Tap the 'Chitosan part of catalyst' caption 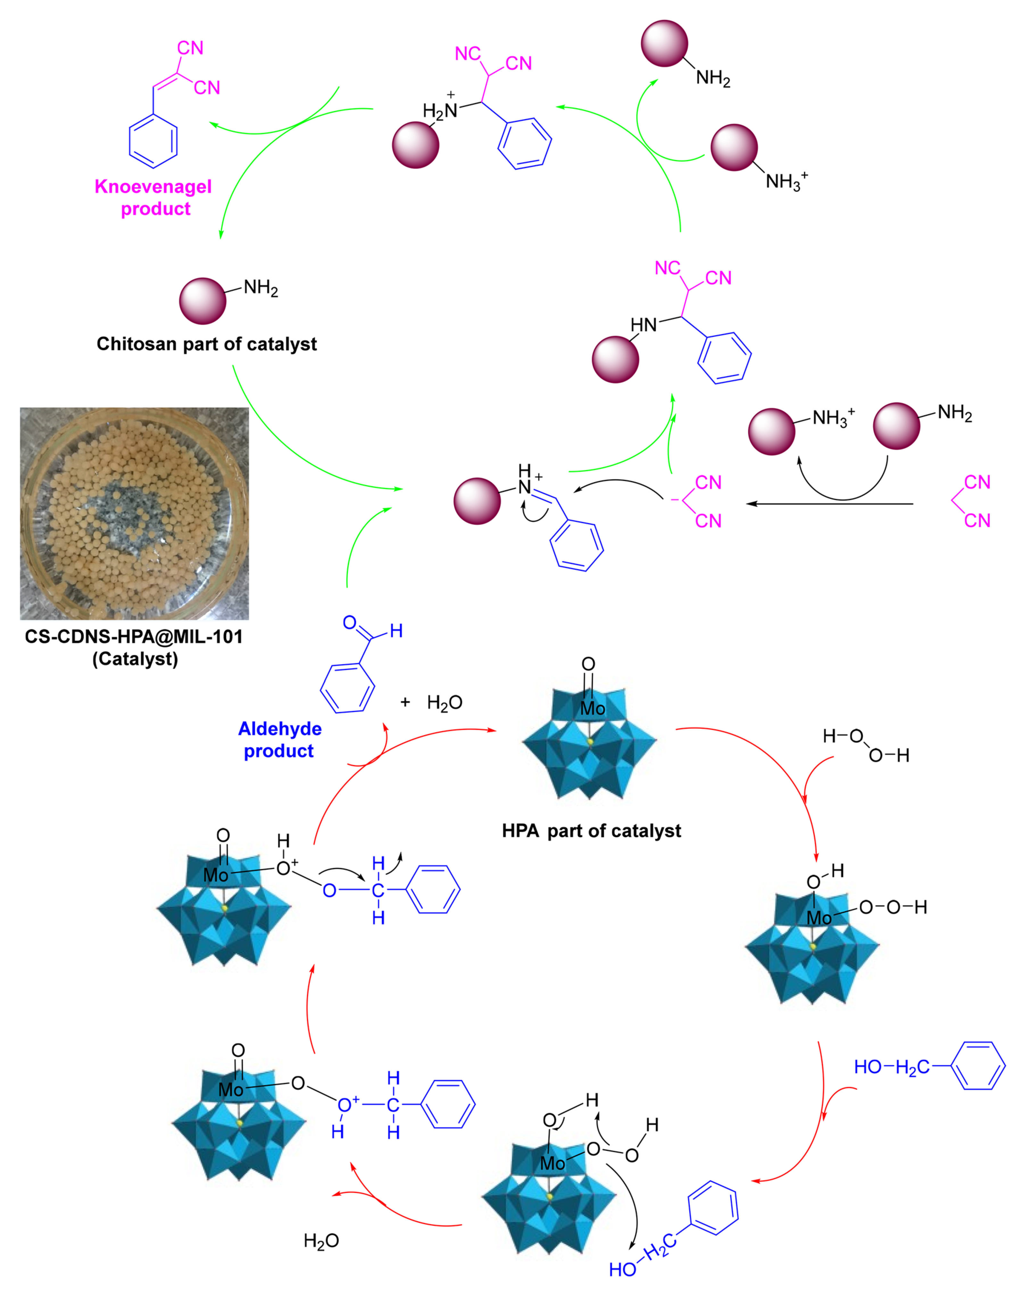coord(207,344)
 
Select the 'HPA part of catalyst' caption coord(591,830)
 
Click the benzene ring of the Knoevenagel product coord(153,141)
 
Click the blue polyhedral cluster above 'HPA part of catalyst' coord(589,745)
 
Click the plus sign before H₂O coord(405,702)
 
